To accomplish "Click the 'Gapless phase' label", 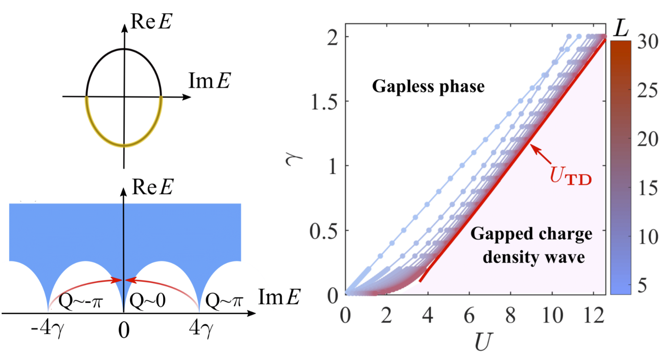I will coord(428,86).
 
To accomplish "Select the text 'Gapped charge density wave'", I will coord(532,245).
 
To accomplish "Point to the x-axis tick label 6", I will coord(469,316).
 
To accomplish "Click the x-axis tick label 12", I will coord(594,316).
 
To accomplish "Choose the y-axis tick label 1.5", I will coord(324,102).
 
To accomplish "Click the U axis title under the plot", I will coord(483,342).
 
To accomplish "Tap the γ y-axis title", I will coord(293,161).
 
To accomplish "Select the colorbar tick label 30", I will coord(648,41).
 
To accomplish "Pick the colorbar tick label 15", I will coord(648,188).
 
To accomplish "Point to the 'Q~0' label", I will coord(148,300).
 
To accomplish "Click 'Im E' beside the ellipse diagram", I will coord(210,81).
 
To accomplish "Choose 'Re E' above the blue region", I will coord(152,187).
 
